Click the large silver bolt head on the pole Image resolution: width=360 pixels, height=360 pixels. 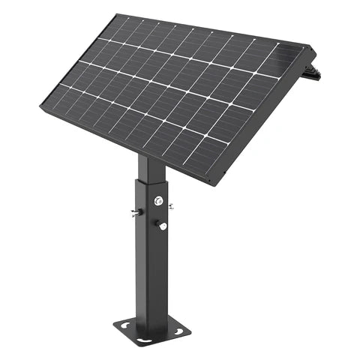(157, 200)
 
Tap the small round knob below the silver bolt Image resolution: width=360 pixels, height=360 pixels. (162, 224)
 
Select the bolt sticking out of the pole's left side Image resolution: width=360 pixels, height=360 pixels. (133, 213)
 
